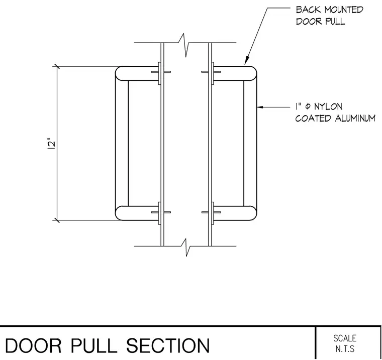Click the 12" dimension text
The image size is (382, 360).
tap(51, 144)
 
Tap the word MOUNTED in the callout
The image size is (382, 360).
tap(344, 10)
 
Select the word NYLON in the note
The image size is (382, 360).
tap(328, 106)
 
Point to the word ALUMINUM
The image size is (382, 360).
tap(355, 118)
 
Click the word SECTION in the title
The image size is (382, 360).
tap(168, 345)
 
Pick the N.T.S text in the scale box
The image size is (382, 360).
tap(345, 349)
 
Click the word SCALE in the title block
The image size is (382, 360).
tap(345, 338)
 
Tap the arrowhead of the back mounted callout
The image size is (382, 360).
tap(247, 61)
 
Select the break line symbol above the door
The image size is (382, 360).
tap(185, 45)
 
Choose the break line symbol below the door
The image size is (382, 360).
tap(185, 248)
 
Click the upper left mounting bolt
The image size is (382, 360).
tap(161, 72)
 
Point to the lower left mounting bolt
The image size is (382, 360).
tap(161, 212)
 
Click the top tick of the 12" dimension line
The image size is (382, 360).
tap(57, 66)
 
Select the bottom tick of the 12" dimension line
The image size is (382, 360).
tap(57, 220)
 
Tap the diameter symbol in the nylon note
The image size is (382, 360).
tap(308, 106)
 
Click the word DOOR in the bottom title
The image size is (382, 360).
tap(33, 345)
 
